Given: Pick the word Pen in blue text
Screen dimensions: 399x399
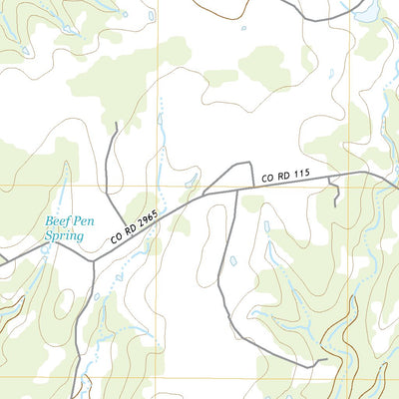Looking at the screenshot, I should pyautogui.click(x=85, y=221).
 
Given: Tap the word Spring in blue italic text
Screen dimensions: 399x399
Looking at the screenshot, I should pyautogui.click(x=64, y=236).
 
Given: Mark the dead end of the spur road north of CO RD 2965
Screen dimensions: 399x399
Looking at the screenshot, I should pyautogui.click(x=117, y=124).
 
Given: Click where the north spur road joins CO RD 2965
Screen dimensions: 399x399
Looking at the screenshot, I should pyautogui.click(x=125, y=226).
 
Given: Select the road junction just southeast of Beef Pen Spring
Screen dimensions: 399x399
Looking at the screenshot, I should pyautogui.click(x=93, y=261).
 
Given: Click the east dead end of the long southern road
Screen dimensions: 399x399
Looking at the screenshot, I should pyautogui.click(x=324, y=357).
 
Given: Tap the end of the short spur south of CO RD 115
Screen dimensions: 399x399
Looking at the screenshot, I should pyautogui.click(x=337, y=204).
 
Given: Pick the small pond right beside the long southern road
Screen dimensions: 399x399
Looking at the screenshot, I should pyautogui.click(x=232, y=261).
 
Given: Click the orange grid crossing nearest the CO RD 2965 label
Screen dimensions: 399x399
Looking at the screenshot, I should pyautogui.click(x=159, y=186).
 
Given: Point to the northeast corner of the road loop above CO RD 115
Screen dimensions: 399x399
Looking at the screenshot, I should pyautogui.click(x=249, y=164).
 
